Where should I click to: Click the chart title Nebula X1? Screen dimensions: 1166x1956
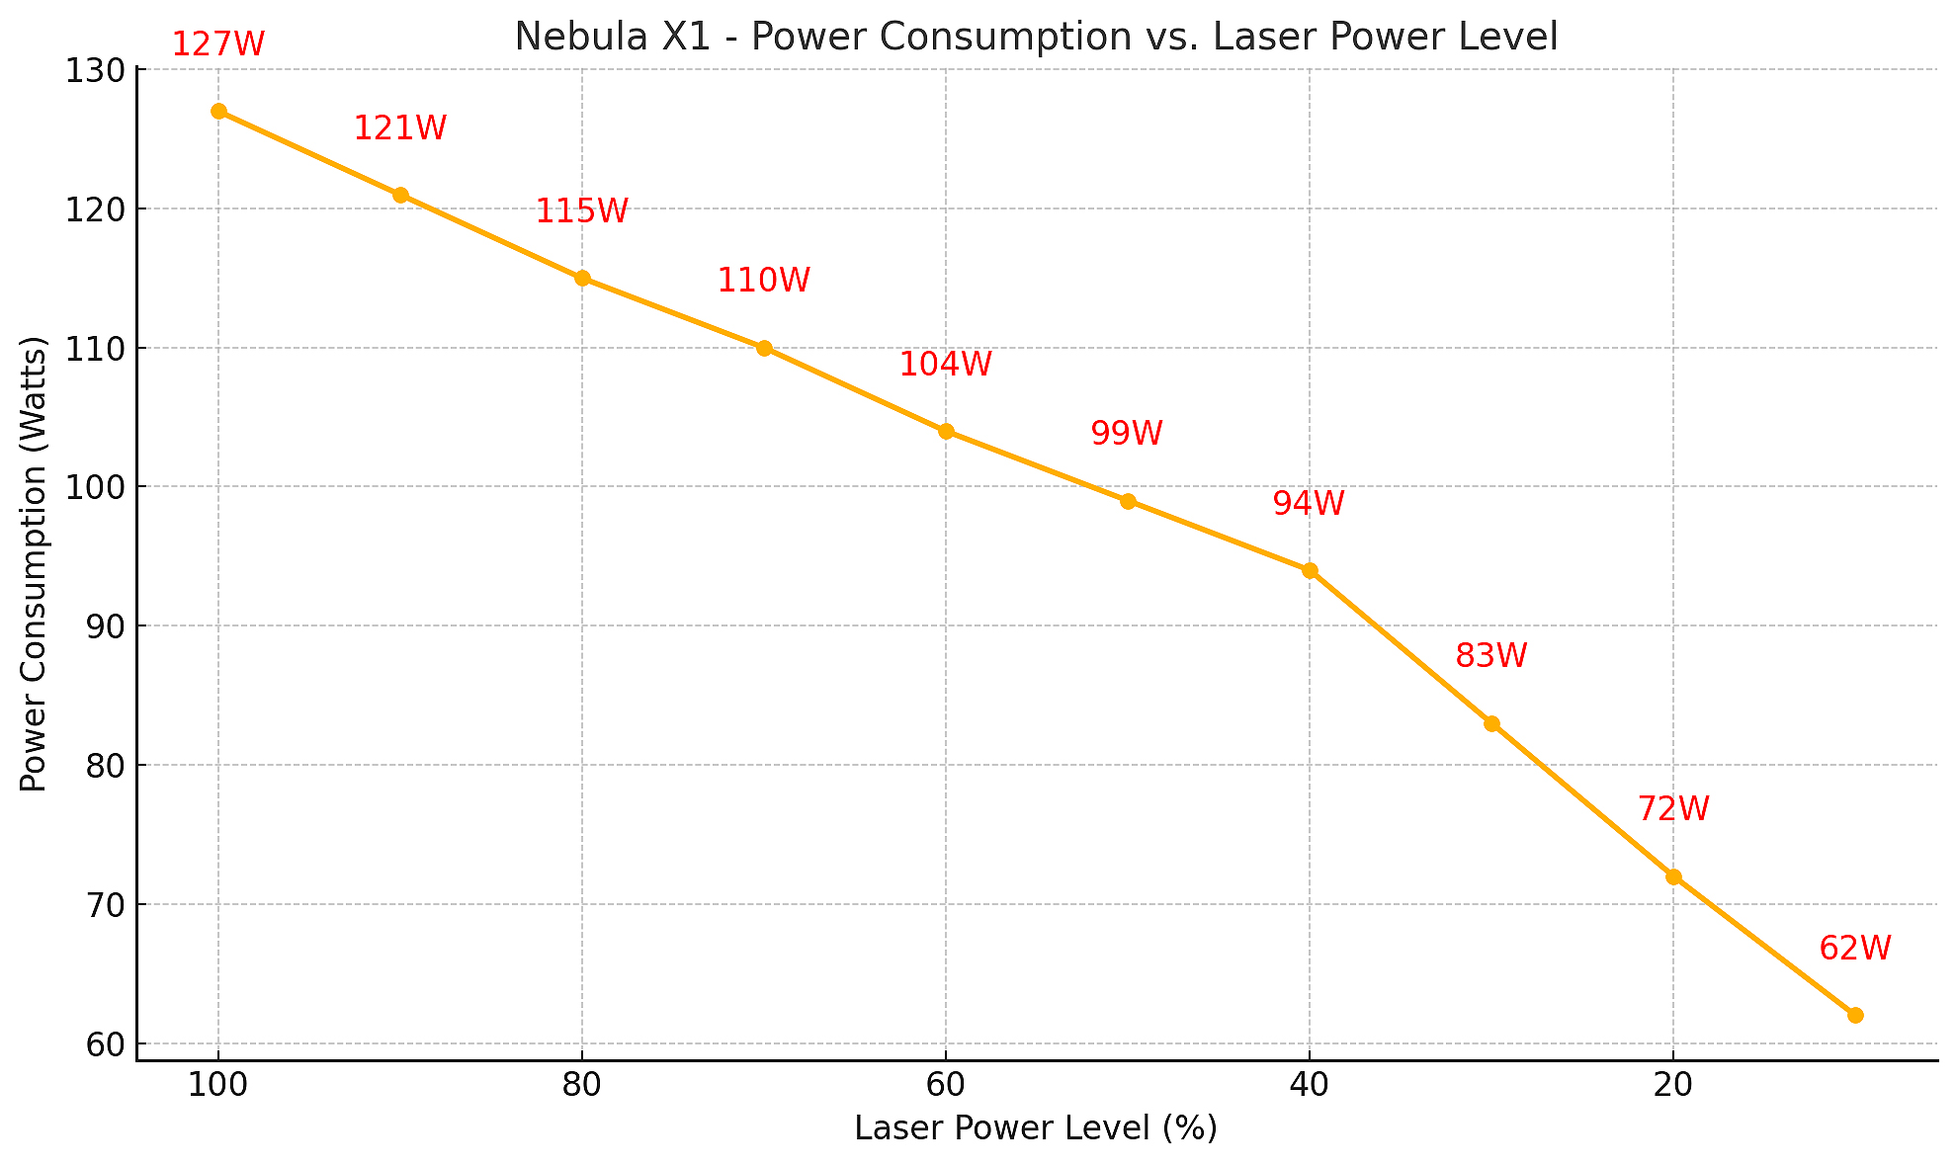pyautogui.click(x=1036, y=38)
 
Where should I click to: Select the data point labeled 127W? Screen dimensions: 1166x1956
pyautogui.click(x=218, y=112)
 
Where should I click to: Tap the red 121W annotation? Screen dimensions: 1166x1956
pyautogui.click(x=400, y=128)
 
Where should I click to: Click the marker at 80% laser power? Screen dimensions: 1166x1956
pyautogui.click(x=582, y=279)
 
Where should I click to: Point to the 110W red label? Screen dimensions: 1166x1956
pyautogui.click(x=763, y=281)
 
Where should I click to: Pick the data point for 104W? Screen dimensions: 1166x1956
pyautogui.click(x=946, y=431)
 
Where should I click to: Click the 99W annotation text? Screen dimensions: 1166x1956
pyautogui.click(x=1127, y=434)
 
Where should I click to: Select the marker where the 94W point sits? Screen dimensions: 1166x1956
pyautogui.click(x=1310, y=570)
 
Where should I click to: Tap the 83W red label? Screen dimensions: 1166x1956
pyautogui.click(x=1491, y=656)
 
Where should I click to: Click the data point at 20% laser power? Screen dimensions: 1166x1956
pyautogui.click(x=1673, y=876)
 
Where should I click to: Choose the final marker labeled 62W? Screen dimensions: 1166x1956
pyautogui.click(x=1855, y=1015)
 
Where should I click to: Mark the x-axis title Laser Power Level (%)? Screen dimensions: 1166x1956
pyautogui.click(x=1036, y=1128)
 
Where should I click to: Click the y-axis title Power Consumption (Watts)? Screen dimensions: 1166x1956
pyautogui.click(x=35, y=564)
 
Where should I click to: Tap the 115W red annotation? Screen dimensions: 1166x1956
pyautogui.click(x=582, y=211)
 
